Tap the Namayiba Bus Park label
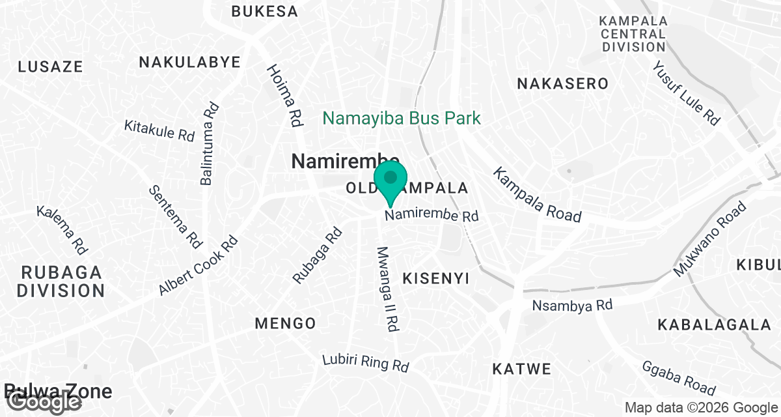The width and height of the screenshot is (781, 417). pyautogui.click(x=402, y=119)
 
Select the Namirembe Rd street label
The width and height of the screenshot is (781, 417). pyautogui.click(x=432, y=215)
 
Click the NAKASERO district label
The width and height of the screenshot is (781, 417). pyautogui.click(x=562, y=83)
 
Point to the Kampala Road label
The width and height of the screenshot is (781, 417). pyautogui.click(x=536, y=194)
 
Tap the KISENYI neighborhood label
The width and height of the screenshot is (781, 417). pyautogui.click(x=436, y=279)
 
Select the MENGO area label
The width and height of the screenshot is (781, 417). pyautogui.click(x=285, y=323)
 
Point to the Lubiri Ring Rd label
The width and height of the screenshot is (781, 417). pyautogui.click(x=366, y=363)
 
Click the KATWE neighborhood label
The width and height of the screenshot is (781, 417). pyautogui.click(x=521, y=369)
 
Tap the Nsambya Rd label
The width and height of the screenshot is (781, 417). pyautogui.click(x=573, y=305)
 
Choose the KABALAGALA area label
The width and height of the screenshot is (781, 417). pyautogui.click(x=714, y=324)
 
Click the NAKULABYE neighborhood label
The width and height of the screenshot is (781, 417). pyautogui.click(x=189, y=63)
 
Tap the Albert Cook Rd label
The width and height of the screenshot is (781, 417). pyautogui.click(x=199, y=265)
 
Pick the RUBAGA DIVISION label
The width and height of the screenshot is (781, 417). pyautogui.click(x=61, y=281)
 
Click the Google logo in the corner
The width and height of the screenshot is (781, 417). pyautogui.click(x=41, y=402)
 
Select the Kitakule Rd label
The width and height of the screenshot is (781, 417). pyautogui.click(x=159, y=130)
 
